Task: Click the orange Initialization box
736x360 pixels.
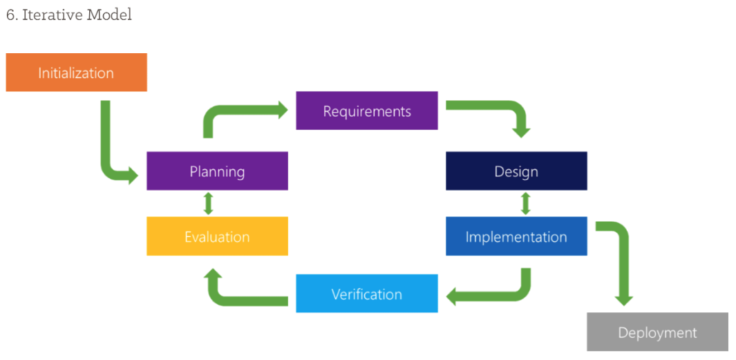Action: point(76,73)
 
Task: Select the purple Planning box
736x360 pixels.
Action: point(217,171)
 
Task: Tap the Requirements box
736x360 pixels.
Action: point(366,111)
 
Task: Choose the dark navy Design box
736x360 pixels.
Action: point(516,171)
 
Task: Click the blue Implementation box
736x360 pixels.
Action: point(516,237)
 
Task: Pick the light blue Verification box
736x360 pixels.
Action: point(366,294)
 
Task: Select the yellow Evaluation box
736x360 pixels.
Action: point(217,237)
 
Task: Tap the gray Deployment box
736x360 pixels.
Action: point(657,332)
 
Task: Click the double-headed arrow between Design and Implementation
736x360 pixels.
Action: point(525,204)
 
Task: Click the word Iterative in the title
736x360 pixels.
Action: point(52,15)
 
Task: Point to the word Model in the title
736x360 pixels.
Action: point(109,15)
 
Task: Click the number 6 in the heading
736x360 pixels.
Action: point(10,15)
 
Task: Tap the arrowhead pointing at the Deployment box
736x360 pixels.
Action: point(624,299)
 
